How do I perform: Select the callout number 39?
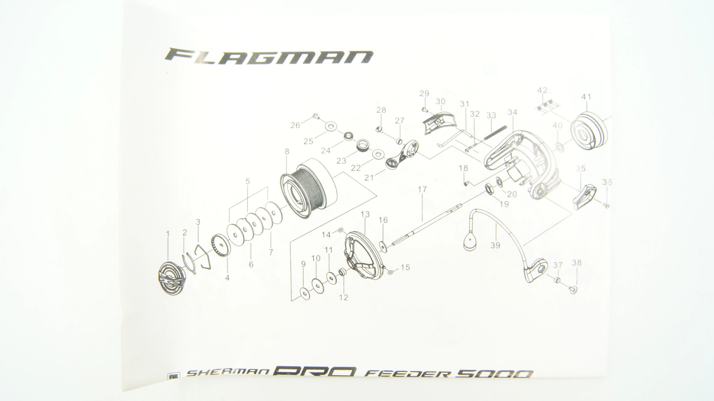(x=495, y=245)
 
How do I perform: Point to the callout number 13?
(x=365, y=214)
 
